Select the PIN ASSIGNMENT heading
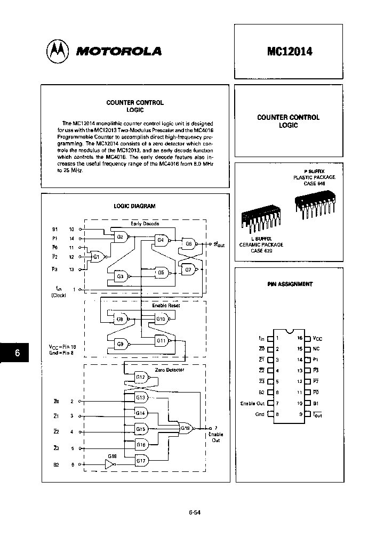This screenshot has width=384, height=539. [290, 284]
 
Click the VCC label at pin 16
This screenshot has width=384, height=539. [317, 338]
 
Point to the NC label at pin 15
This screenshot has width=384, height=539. [316, 349]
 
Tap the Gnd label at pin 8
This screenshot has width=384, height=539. [260, 414]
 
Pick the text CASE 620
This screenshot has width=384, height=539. [261, 250]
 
